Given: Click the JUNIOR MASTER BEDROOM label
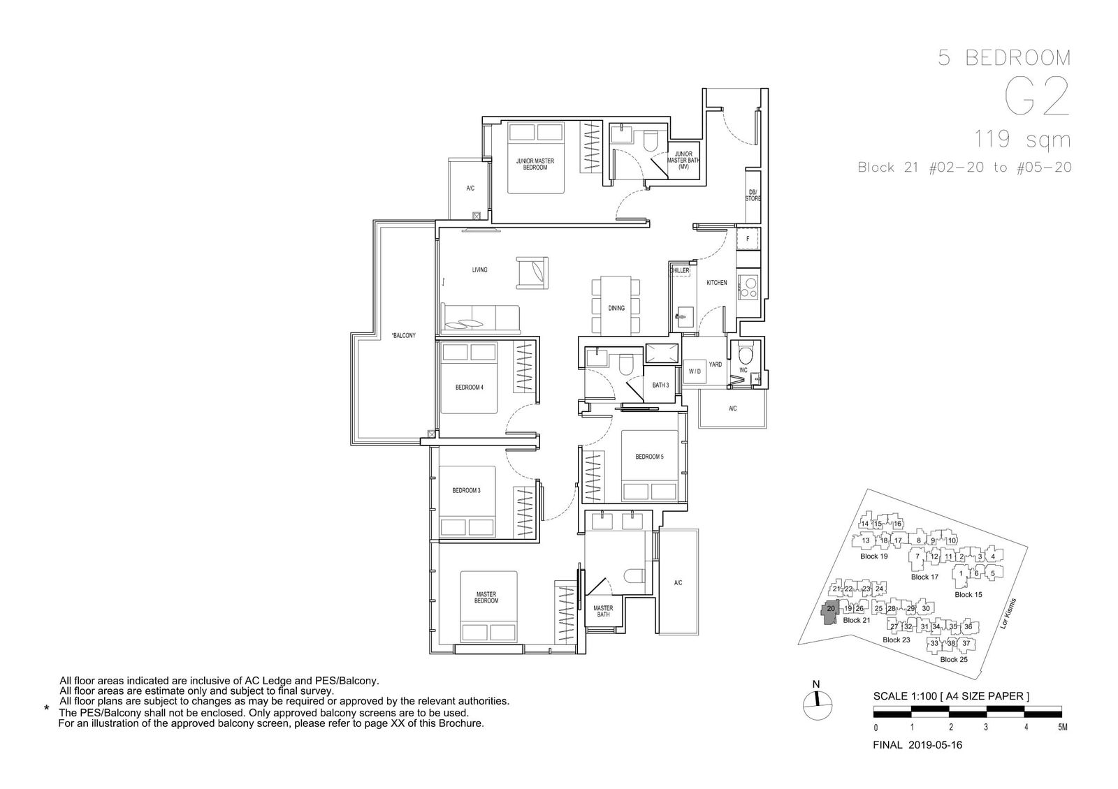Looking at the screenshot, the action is (x=535, y=164).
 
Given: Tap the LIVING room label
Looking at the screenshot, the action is (x=479, y=270).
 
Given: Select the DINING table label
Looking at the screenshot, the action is (x=616, y=308).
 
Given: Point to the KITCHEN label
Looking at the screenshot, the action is (x=717, y=283).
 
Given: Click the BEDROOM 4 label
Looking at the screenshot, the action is (x=469, y=388).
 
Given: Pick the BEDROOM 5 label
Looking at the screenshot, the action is (x=649, y=457).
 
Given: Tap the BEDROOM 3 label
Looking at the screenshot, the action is (x=466, y=490).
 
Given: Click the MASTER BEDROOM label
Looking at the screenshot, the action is (x=486, y=598).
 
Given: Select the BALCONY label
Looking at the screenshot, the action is (x=404, y=336).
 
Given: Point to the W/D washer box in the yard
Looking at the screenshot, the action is (x=695, y=371).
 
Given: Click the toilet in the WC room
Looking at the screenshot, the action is (x=746, y=355).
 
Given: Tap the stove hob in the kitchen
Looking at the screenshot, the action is (x=748, y=287).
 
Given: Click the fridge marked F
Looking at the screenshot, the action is (x=748, y=238).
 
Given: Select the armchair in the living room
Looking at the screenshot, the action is (x=532, y=273).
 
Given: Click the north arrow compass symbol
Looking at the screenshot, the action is (x=818, y=705).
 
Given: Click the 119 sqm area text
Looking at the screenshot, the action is (x=1023, y=140).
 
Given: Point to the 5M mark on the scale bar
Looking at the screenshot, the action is (x=1062, y=727).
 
